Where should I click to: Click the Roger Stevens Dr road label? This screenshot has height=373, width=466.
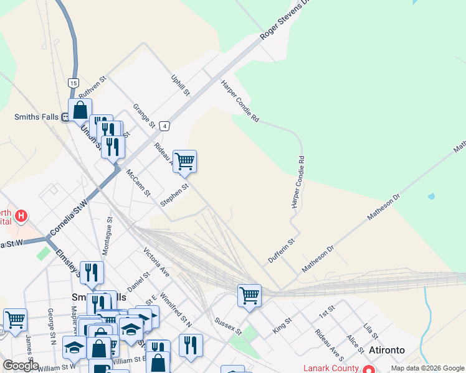pyautogui.click(x=284, y=20)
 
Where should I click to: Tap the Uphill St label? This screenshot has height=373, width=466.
pyautogui.click(x=180, y=85)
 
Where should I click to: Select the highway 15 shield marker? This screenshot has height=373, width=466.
pyautogui.click(x=74, y=83)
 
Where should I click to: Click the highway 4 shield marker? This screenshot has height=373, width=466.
pyautogui.click(x=164, y=126)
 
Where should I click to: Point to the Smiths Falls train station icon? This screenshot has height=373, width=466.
pyautogui.click(x=65, y=117)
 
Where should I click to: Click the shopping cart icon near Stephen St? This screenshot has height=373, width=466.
pyautogui.click(x=184, y=162)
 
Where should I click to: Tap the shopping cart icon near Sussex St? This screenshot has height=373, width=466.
pyautogui.click(x=249, y=295)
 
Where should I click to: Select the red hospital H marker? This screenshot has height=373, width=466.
pyautogui.click(x=21, y=216)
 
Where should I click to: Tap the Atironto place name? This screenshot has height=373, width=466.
pyautogui.click(x=386, y=350)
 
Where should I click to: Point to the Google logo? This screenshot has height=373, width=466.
pyautogui.click(x=20, y=366)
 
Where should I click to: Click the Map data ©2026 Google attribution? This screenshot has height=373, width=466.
pyautogui.click(x=427, y=368)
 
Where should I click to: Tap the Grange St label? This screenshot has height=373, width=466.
pyautogui.click(x=143, y=116)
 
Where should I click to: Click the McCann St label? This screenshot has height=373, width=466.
pyautogui.click(x=138, y=182)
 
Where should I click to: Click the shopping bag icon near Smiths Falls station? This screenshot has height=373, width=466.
pyautogui.click(x=80, y=111)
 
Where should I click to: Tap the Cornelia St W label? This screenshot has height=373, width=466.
pyautogui.click(x=68, y=218)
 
